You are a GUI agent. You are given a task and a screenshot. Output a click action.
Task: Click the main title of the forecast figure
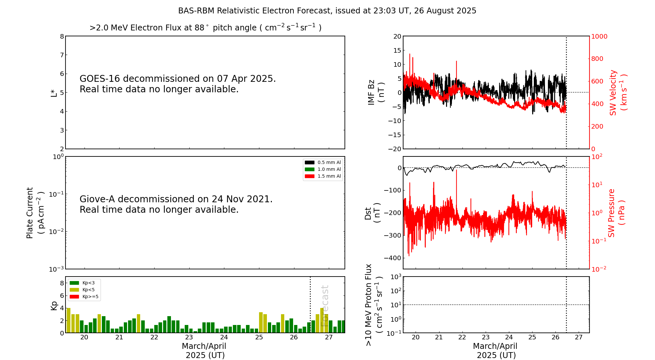click(x=327, y=11)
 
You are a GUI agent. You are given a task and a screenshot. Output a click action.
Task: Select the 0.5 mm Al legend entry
click(x=323, y=162)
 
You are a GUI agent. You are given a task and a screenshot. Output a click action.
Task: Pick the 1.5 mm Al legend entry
click(x=323, y=176)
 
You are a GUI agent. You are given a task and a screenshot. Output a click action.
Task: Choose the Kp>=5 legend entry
click(x=84, y=297)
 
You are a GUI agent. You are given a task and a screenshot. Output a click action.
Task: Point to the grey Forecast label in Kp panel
click(x=325, y=306)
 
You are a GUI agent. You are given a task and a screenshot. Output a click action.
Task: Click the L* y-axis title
click(x=54, y=93)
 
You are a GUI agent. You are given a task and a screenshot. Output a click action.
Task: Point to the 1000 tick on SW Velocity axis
click(x=599, y=36)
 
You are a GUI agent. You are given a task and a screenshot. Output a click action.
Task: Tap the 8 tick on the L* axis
click(x=62, y=36)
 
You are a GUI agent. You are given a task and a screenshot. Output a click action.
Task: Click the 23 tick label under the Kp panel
click(x=189, y=337)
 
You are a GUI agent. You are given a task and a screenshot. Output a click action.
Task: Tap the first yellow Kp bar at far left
click(x=68, y=320)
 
